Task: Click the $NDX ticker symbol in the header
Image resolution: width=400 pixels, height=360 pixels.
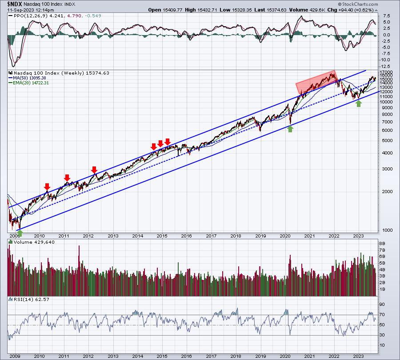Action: pyautogui.click(x=15, y=4)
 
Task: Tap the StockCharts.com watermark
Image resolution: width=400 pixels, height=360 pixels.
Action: pyautogui.click(x=358, y=4)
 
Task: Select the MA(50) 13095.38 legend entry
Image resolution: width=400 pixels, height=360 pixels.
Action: pyautogui.click(x=27, y=78)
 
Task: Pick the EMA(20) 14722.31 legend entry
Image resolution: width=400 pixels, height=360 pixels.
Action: pyautogui.click(x=28, y=83)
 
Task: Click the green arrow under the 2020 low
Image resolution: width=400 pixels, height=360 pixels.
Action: pyautogui.click(x=290, y=129)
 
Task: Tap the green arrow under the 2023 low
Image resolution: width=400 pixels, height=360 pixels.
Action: pyautogui.click(x=359, y=103)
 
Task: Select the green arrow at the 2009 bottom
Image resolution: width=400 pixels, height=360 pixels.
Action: pyautogui.click(x=20, y=233)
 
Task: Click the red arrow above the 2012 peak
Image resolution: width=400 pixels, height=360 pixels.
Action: pyautogui.click(x=94, y=170)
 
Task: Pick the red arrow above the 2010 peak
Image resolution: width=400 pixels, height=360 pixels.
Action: pyautogui.click(x=47, y=186)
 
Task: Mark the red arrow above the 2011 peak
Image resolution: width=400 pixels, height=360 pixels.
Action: pyautogui.click(x=67, y=178)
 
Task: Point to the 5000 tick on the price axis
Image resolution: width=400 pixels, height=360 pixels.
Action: pyautogui.click(x=388, y=141)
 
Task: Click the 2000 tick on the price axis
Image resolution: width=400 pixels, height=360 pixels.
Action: pyautogui.click(x=388, y=192)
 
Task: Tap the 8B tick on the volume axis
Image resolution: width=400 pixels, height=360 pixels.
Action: pyautogui.click(x=382, y=244)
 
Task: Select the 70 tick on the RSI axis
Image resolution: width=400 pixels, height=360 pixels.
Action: pyautogui.click(x=382, y=315)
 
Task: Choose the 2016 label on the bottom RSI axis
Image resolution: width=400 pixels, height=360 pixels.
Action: pyautogui.click(x=187, y=356)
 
